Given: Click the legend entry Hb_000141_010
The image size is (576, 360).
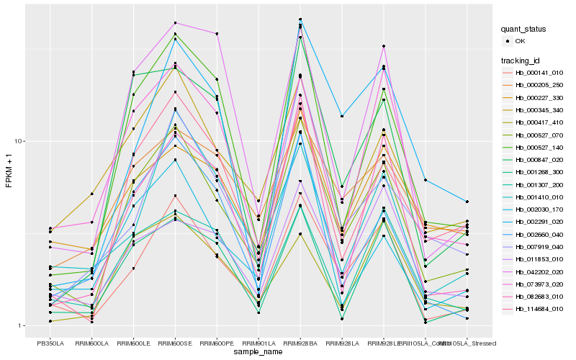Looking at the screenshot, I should (539, 73).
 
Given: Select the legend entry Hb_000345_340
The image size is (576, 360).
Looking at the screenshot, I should (539, 110).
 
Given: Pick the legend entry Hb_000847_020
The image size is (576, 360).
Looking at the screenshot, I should (539, 160).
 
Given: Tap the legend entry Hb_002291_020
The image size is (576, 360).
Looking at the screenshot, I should (539, 222).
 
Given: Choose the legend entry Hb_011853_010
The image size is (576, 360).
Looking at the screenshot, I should (539, 259).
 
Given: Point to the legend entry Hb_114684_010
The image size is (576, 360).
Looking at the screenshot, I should (539, 309).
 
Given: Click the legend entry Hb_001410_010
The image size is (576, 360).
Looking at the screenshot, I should (539, 197).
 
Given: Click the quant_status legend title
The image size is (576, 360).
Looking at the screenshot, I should (524, 29).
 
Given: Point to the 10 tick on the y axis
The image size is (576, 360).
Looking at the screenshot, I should (21, 141).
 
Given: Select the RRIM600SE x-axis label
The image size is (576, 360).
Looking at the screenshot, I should (175, 343).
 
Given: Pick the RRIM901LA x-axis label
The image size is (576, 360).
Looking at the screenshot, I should (258, 343).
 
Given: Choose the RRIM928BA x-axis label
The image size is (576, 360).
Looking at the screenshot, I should (300, 343).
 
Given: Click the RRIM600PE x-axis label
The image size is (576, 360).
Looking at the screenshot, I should (217, 343).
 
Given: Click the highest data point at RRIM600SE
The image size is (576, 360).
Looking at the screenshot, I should (175, 23).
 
